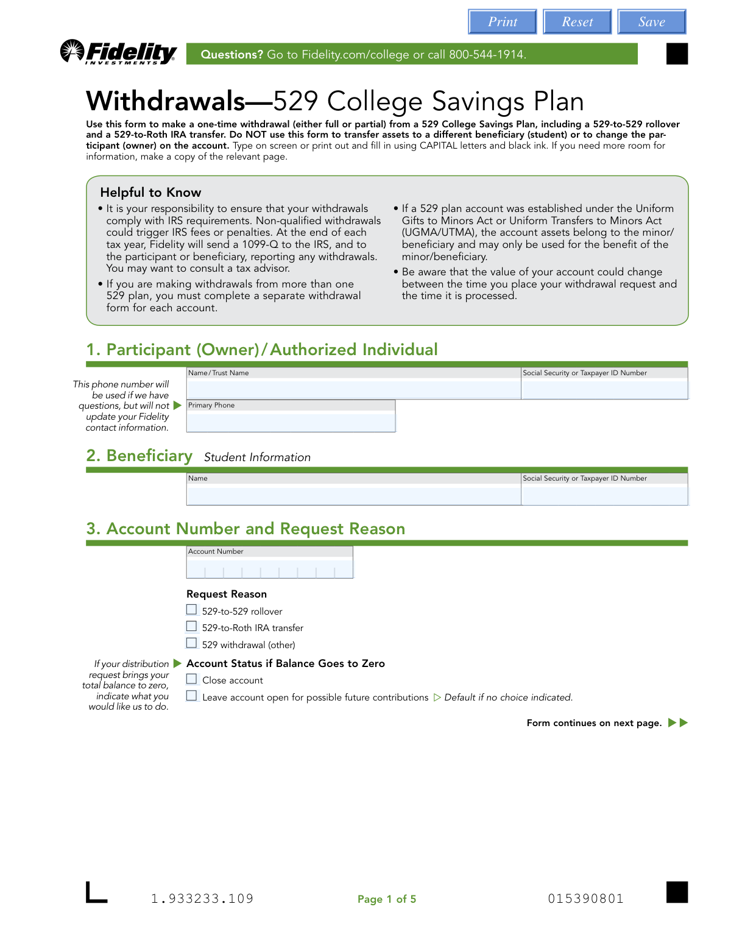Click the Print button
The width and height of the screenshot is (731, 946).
(502, 22)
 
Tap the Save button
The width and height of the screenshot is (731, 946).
(651, 22)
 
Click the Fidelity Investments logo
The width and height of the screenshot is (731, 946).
(119, 53)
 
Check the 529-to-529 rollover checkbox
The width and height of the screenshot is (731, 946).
(192, 610)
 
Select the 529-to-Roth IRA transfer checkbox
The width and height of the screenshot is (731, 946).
(192, 626)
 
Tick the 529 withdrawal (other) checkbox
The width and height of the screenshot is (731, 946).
(192, 643)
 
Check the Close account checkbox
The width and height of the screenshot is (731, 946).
(192, 679)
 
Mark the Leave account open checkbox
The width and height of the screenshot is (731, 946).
(192, 696)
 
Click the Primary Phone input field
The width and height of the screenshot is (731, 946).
(291, 421)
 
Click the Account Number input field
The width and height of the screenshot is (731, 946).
(269, 570)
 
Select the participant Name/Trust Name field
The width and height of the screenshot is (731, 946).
(353, 389)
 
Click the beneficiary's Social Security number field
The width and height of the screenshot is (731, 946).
(604, 495)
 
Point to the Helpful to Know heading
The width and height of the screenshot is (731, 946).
(150, 192)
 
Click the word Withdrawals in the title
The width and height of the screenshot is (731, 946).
(166, 101)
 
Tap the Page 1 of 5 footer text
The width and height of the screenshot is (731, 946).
(387, 899)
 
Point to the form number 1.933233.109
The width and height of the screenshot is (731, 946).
(202, 899)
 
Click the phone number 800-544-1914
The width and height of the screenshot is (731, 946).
(487, 54)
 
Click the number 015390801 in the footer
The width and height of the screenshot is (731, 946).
(585, 899)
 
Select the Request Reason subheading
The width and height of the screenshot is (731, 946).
(227, 594)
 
